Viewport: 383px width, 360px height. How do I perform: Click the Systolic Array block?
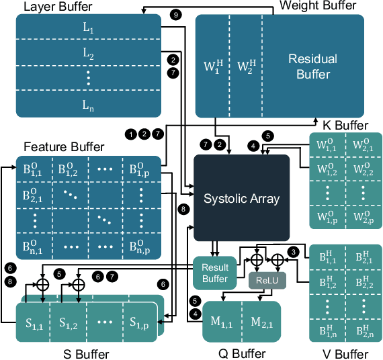(241, 197)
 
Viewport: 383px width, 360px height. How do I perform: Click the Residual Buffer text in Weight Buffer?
(312, 66)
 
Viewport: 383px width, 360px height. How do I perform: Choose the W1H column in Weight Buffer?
(213, 66)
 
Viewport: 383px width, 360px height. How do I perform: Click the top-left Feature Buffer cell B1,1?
(34, 169)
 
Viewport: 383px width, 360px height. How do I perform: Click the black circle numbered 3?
(292, 252)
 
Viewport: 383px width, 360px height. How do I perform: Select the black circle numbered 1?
(130, 134)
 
